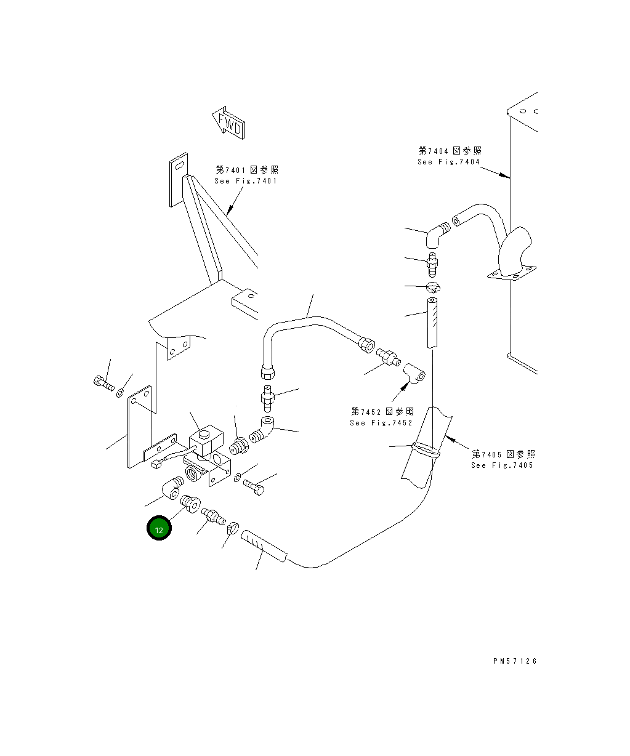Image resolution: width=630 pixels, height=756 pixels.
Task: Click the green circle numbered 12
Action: (x=159, y=528)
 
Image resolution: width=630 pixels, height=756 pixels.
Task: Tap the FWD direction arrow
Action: (x=230, y=123)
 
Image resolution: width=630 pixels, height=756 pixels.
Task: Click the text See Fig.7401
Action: (x=246, y=175)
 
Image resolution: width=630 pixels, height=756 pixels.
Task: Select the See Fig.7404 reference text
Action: (x=449, y=156)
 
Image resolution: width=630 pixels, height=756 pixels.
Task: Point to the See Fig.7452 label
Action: (x=382, y=417)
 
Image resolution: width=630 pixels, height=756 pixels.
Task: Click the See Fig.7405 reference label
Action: (x=503, y=459)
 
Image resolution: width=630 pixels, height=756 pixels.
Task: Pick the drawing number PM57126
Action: (x=515, y=661)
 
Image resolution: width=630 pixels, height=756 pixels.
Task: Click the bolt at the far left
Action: (x=103, y=384)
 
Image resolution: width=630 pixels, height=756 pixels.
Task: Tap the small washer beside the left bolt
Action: (x=119, y=392)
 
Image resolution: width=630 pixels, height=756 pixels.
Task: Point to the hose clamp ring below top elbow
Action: (x=433, y=287)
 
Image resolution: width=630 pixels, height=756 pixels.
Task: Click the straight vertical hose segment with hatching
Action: (x=432, y=322)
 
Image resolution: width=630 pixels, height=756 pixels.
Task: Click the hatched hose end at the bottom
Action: (x=263, y=545)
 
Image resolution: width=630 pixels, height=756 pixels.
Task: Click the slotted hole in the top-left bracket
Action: (x=178, y=166)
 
